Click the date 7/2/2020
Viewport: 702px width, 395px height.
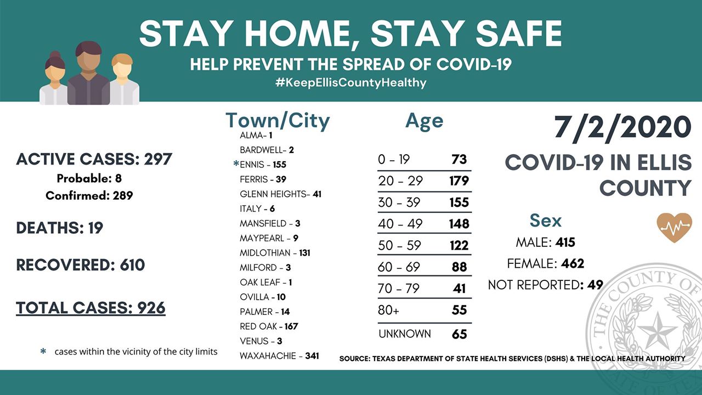coord(622,128)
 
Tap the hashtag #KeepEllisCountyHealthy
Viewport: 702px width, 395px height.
coord(350,83)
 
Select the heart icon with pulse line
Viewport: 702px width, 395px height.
coord(674,228)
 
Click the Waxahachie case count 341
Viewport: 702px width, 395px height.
coord(312,356)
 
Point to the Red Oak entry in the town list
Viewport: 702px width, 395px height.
coord(269,326)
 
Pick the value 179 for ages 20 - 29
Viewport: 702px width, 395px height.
coord(459,181)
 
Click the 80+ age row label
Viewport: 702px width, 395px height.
coord(389,310)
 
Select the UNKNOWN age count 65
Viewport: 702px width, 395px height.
coord(460,334)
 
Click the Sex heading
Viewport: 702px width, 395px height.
coord(545,221)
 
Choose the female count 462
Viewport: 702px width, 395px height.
coord(573,263)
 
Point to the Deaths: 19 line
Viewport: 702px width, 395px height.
coord(60,228)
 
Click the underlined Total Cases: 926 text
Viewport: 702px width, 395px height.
coord(90,308)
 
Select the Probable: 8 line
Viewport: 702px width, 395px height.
coord(89,178)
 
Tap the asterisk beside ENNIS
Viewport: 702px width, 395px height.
coord(236,163)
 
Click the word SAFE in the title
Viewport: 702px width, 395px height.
coord(519,33)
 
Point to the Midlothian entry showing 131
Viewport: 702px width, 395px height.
coord(275,253)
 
